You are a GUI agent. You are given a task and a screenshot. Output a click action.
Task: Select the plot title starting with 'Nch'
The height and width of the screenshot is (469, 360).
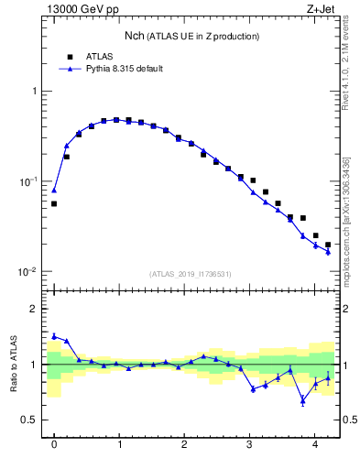point(191,36)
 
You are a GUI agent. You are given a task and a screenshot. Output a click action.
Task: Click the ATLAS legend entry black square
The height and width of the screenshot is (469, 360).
point(69,57)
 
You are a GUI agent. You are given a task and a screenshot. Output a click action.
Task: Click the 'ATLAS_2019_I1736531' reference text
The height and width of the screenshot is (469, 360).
point(191,274)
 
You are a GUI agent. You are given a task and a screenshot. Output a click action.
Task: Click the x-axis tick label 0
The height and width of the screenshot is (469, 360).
point(54,445)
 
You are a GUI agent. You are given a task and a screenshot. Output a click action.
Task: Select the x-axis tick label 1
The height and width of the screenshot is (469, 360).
point(119,445)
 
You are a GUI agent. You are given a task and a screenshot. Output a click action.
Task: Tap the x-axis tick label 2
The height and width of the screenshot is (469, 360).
point(184,445)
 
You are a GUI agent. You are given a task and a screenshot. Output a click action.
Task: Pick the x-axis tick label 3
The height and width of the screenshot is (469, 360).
point(249,445)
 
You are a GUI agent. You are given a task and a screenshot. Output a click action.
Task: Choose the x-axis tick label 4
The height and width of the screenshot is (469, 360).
point(314,445)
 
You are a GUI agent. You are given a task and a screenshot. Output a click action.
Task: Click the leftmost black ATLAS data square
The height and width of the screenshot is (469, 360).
point(54,203)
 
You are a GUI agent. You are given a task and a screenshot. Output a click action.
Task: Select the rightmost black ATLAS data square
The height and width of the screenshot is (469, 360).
point(328,245)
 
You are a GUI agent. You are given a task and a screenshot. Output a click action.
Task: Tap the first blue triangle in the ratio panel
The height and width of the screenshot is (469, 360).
point(54,336)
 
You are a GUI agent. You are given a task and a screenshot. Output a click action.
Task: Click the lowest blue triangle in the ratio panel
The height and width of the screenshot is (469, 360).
point(303,399)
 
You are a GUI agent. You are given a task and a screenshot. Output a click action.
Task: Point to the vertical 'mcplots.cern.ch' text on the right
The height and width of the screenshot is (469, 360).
point(346,220)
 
